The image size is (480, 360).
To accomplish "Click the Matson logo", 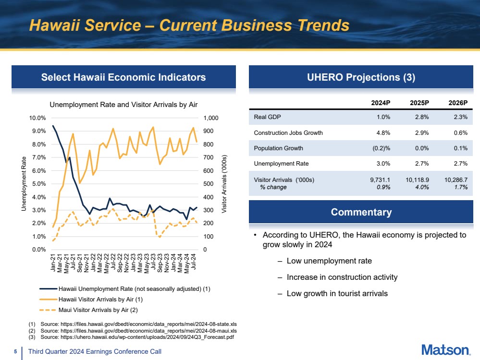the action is (446, 350).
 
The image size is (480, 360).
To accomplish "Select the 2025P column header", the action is (419, 103).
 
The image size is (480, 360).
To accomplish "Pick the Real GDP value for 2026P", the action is (461, 117).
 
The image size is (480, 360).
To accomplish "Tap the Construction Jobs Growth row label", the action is (288, 133).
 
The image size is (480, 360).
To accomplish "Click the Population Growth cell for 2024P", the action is (381, 148).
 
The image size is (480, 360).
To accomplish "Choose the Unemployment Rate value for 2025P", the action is (422, 163).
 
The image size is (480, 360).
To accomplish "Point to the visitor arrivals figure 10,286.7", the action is (456, 180).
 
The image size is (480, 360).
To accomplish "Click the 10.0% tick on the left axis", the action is (37, 118).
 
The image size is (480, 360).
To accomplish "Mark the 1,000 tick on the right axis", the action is (211, 118).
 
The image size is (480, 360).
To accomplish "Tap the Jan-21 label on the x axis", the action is (53, 263).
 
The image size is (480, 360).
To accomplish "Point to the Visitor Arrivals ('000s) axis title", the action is (224, 184).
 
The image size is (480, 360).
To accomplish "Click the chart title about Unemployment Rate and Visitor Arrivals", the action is (123, 105).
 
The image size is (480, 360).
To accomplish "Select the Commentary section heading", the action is (361, 212).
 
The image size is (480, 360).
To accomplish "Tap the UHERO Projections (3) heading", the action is (361, 77).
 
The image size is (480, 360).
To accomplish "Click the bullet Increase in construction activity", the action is (342, 277).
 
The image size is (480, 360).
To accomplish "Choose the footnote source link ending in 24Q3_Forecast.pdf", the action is (147, 337).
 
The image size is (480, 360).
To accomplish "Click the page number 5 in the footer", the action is (15, 352).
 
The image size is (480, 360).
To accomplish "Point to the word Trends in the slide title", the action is (323, 25).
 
